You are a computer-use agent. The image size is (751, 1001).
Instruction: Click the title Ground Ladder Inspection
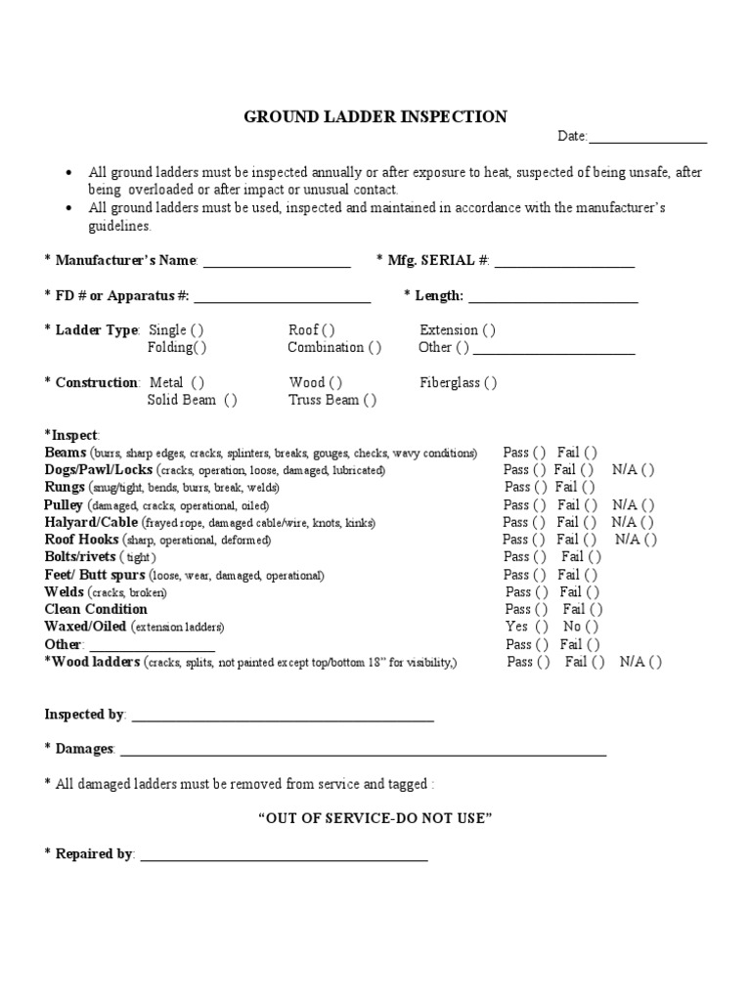coord(375,117)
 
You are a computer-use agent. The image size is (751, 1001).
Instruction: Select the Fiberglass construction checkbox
coord(490,383)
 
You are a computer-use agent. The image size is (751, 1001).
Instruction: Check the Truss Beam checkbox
coord(370,400)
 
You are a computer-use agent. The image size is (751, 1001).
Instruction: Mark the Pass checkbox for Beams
coord(539,453)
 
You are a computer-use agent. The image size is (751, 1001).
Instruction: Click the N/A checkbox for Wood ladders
coord(655,662)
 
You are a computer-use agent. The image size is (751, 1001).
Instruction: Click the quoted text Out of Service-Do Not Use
coord(375,818)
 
